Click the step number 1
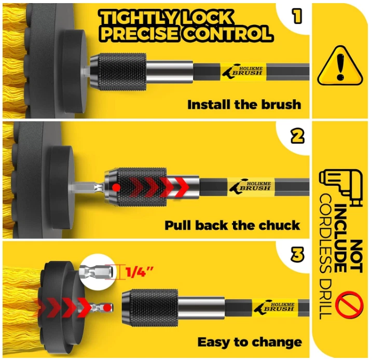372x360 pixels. point(297,16)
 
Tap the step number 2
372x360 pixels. point(297,136)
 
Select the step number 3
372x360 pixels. point(297,255)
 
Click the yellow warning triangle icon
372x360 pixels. point(340,66)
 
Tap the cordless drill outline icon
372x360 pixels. point(341,187)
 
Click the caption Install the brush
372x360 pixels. point(244,105)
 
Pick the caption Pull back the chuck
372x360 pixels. point(232,225)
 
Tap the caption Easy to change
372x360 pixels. point(250,342)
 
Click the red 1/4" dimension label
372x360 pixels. point(140,272)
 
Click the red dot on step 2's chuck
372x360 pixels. point(117,187)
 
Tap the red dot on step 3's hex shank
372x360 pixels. point(107,308)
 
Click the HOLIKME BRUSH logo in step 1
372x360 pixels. point(243,71)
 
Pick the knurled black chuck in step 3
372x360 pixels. point(150,308)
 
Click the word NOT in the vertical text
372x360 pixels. point(356,256)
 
